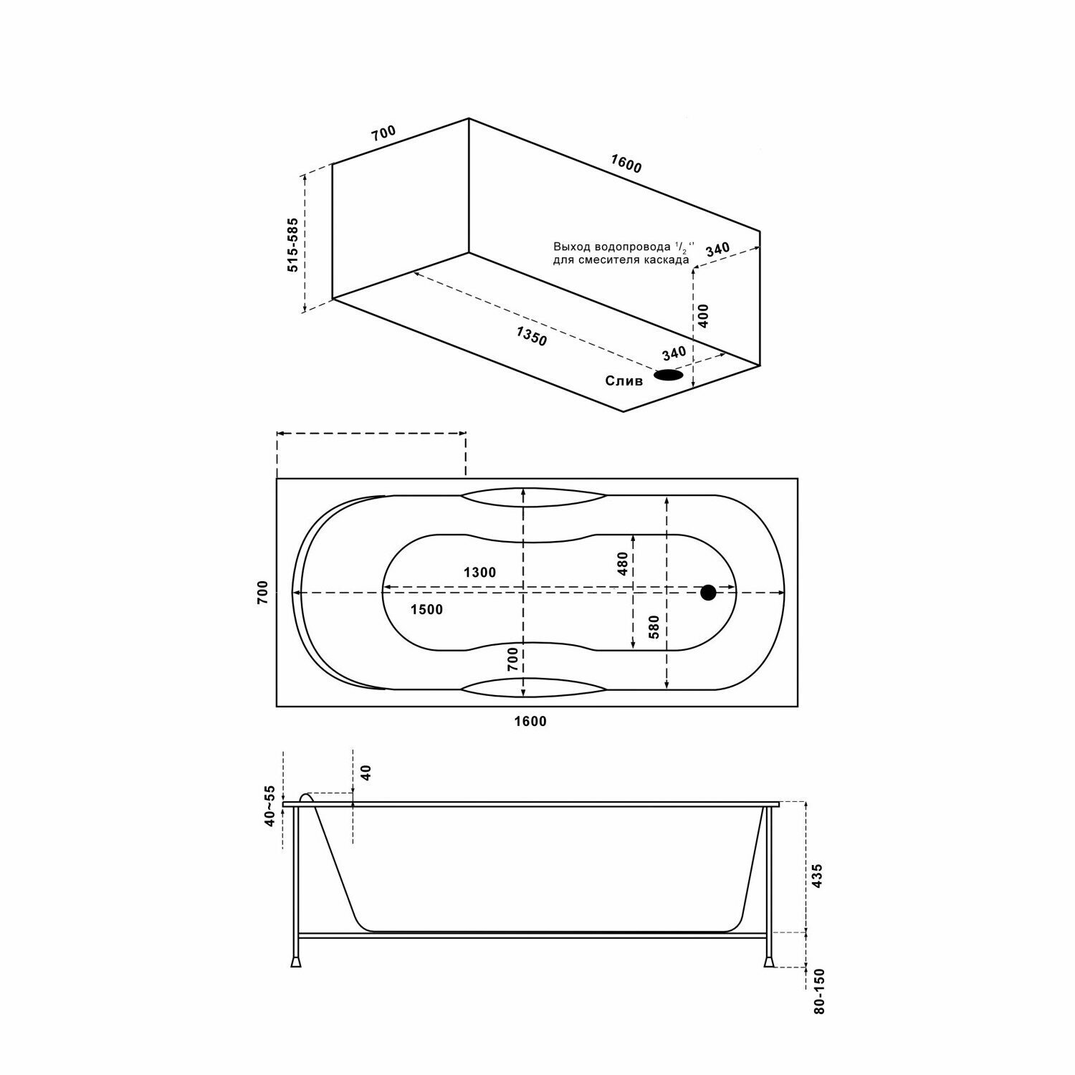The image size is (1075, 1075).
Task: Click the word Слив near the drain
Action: click(624, 381)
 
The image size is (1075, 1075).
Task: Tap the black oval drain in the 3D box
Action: click(668, 375)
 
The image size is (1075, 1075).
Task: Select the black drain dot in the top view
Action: click(708, 593)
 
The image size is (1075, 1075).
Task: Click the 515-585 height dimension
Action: click(293, 245)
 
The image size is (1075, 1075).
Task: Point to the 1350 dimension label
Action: click(531, 335)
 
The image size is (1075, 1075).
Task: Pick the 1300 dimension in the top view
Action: click(479, 572)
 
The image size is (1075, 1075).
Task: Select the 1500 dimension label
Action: click(426, 610)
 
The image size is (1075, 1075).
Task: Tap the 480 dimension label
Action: click(622, 563)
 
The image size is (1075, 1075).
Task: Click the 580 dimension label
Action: click(652, 627)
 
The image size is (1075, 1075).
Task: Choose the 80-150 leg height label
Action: click(820, 991)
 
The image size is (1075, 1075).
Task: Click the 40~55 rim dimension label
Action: click(269, 806)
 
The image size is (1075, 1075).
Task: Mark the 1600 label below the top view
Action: click(530, 722)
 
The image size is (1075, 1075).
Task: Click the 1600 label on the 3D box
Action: click(626, 164)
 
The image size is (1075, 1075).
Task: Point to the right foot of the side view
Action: click(770, 960)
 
